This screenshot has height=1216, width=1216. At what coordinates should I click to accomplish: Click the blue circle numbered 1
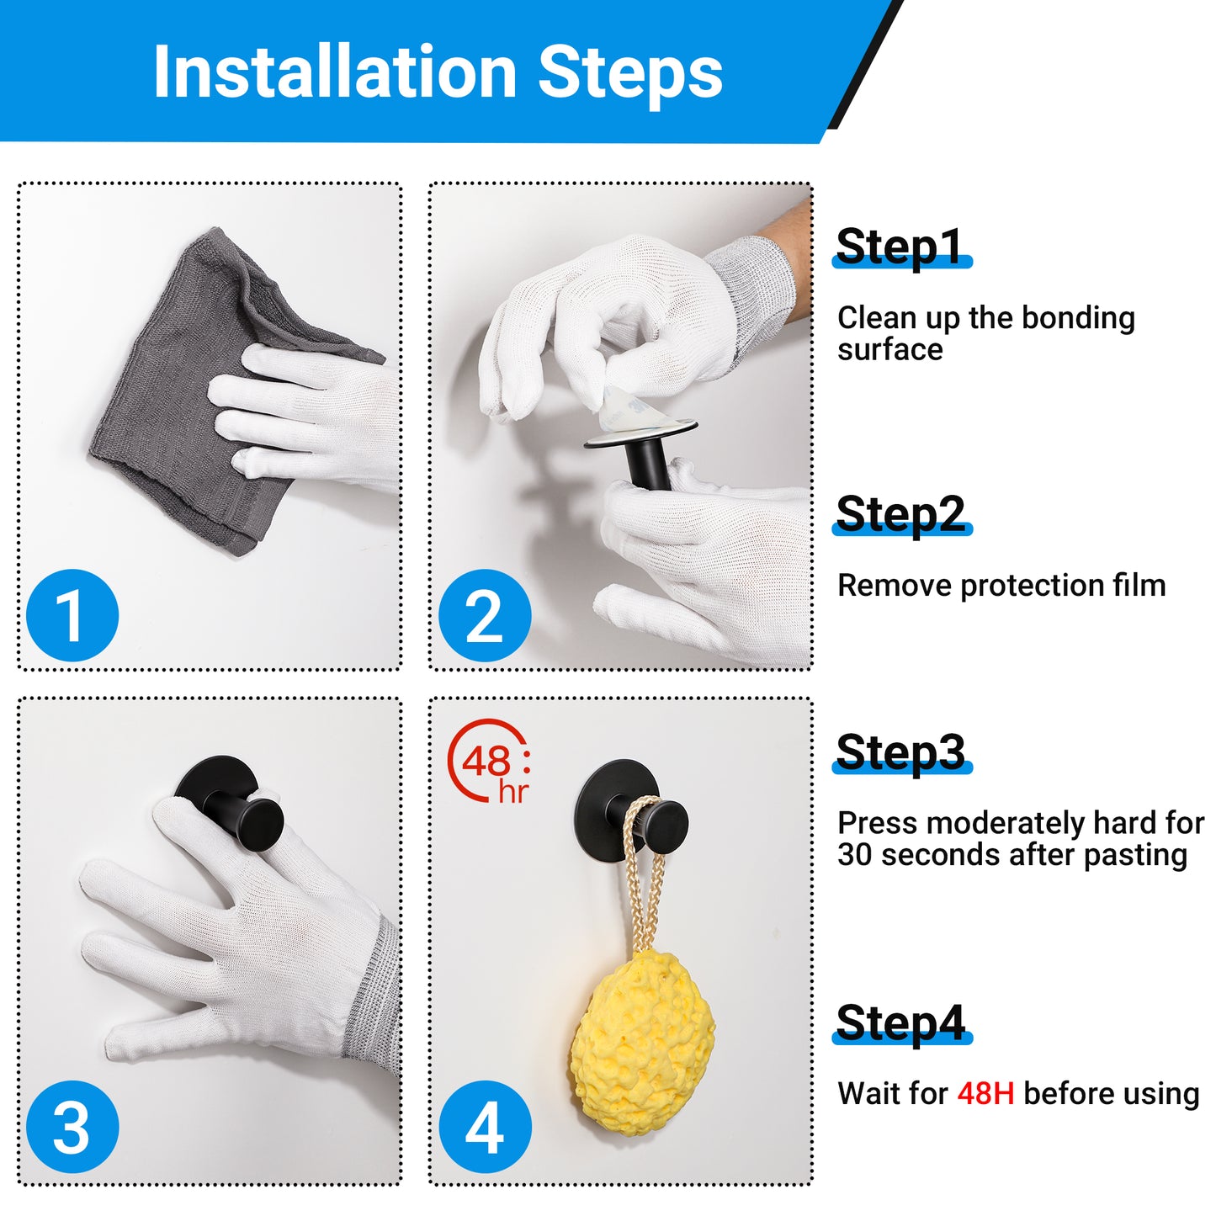tap(72, 615)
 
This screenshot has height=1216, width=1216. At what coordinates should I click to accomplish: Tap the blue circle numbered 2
tap(485, 615)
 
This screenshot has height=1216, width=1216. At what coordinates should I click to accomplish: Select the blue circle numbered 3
tap(72, 1126)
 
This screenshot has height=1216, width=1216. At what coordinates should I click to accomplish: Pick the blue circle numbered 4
tap(485, 1126)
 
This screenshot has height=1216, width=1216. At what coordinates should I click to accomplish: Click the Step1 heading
tap(900, 247)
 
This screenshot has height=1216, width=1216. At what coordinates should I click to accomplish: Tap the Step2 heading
tap(900, 514)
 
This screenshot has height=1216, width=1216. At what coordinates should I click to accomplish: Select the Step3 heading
tap(900, 752)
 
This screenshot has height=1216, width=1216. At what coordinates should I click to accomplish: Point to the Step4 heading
tap(900, 1023)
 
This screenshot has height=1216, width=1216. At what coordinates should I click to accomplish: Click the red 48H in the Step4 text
tap(985, 1094)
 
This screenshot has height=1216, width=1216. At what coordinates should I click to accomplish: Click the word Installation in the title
tap(335, 72)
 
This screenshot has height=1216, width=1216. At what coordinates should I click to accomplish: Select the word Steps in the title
tap(630, 72)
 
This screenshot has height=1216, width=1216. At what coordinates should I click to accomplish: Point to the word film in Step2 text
tap(1139, 585)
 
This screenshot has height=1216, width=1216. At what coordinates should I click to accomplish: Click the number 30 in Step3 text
tap(855, 855)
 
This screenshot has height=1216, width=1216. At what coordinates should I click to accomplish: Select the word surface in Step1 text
tap(889, 349)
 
